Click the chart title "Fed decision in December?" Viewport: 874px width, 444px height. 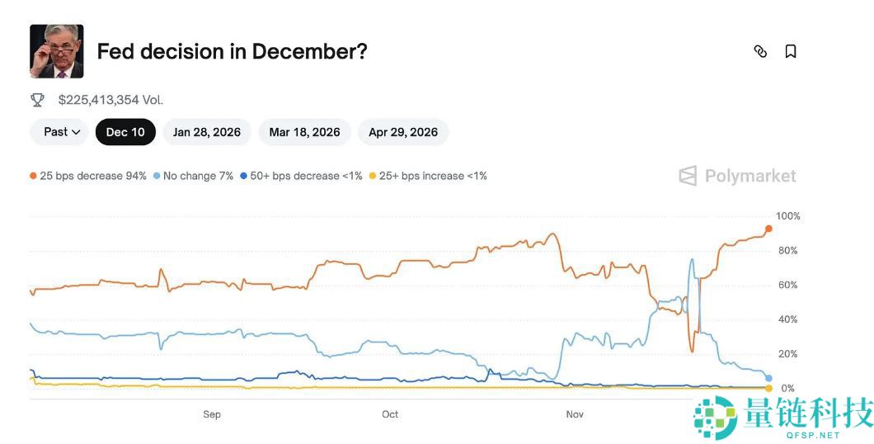232,51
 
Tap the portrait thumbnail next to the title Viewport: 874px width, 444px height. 57,51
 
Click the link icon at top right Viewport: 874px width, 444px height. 760,51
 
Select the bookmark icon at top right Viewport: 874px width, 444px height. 790,51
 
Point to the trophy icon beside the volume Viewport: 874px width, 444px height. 38,100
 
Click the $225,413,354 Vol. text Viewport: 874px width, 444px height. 110,100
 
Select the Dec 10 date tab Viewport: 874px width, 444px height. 125,132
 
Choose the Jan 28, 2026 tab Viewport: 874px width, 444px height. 207,132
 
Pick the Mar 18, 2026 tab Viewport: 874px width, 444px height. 304,132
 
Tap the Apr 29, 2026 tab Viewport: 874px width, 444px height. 403,132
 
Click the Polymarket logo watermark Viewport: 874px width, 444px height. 737,176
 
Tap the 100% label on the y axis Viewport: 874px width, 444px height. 788,216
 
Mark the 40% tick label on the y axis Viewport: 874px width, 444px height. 788,319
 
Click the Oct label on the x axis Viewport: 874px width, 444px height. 390,414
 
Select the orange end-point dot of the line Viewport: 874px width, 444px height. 768,229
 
